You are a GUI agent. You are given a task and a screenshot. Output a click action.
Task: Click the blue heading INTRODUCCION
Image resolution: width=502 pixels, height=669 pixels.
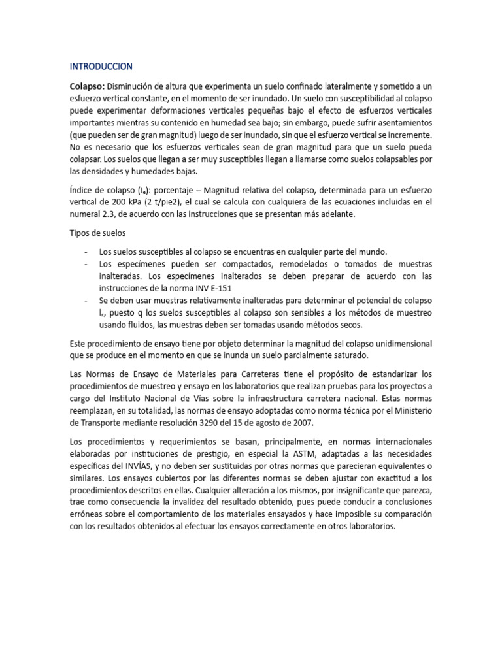(101, 66)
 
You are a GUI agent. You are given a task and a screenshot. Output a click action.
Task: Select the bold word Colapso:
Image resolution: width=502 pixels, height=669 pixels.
(87, 86)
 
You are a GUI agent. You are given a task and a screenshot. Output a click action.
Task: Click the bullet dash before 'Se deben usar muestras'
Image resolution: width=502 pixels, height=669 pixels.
(86, 300)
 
